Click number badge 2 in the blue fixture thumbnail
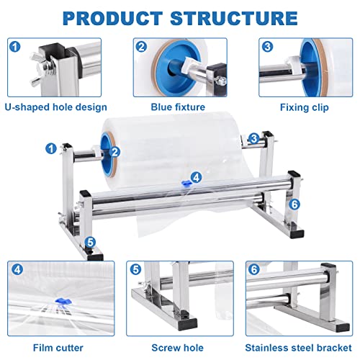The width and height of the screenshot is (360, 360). (x=141, y=48)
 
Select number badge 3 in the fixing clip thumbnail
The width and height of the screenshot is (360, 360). (x=268, y=48)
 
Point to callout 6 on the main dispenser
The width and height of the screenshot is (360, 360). (x=294, y=204)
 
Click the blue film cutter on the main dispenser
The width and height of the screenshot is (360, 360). (x=186, y=182)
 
